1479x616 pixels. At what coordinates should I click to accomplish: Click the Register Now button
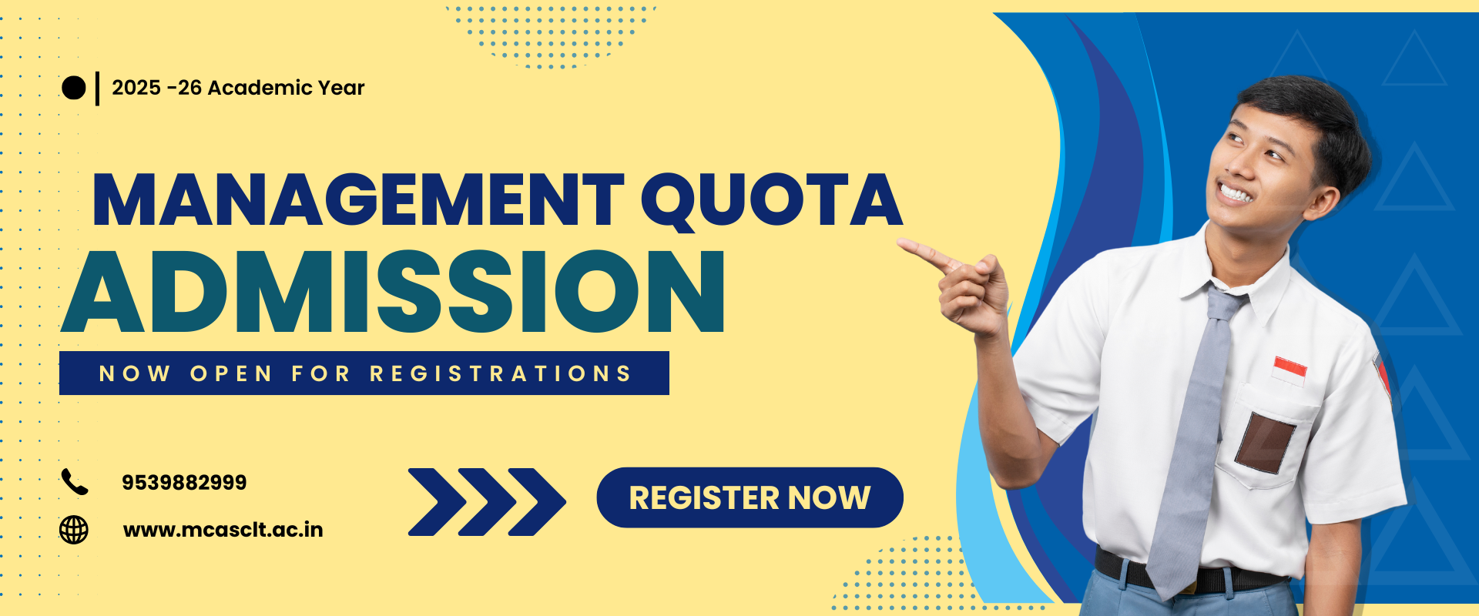(x=750, y=497)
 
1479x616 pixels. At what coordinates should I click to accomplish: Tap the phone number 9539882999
(x=184, y=483)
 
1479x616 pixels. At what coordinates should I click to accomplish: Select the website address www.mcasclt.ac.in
(x=223, y=530)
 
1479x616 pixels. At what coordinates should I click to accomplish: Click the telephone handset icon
(x=75, y=482)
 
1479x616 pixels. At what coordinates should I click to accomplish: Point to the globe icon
(x=74, y=530)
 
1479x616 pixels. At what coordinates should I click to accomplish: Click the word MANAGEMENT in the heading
(x=358, y=199)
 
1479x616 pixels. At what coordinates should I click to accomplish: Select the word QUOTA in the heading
(x=772, y=200)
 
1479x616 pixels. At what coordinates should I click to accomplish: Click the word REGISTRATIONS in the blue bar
(x=501, y=373)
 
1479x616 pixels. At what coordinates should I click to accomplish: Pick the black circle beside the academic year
(x=73, y=88)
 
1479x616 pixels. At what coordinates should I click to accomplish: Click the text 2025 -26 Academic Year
(x=238, y=88)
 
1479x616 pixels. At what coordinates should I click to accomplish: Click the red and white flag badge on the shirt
(x=1290, y=370)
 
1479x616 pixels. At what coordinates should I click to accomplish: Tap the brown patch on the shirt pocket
(x=1265, y=442)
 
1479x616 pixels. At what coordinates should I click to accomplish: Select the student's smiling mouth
(x=1235, y=191)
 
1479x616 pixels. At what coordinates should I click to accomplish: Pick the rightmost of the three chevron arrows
(x=538, y=501)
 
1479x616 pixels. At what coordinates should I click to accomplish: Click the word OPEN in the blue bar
(x=231, y=373)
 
